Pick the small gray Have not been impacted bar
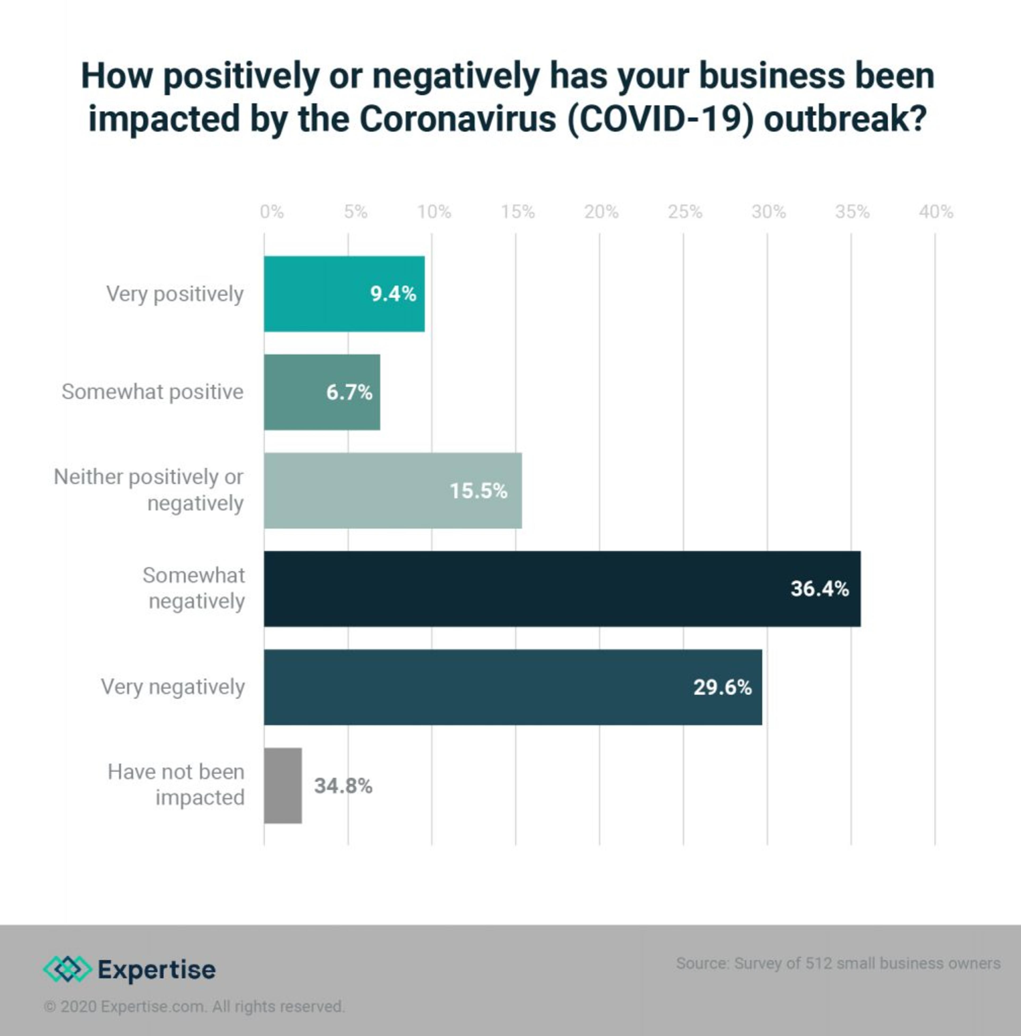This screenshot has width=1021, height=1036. tap(283, 786)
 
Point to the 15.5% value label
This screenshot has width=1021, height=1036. tap(478, 491)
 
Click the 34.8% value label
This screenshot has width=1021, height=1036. tap(343, 786)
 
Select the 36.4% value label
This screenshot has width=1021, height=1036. tap(819, 589)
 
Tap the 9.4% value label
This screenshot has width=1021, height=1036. tap(393, 294)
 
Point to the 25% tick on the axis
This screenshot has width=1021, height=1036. tap(685, 212)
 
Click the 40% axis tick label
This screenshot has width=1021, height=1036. tap(936, 212)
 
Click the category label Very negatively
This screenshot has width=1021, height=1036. tap(173, 687)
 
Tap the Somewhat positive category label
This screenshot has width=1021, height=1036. tap(152, 392)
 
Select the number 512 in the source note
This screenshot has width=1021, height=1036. tap(819, 963)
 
